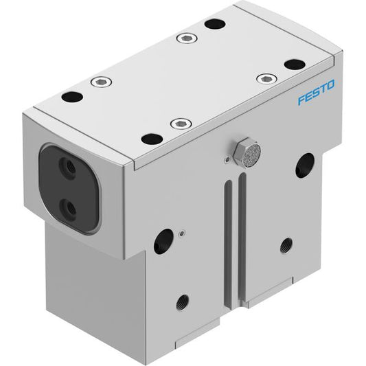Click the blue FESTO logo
(317, 92)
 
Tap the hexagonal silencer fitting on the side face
(247, 152)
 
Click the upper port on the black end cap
(67, 165)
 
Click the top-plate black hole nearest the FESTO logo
(295, 65)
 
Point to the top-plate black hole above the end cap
(72, 97)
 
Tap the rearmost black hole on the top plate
(215, 24)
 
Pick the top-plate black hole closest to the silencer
(152, 139)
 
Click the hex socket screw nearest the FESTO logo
(267, 79)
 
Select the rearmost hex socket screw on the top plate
(187, 38)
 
